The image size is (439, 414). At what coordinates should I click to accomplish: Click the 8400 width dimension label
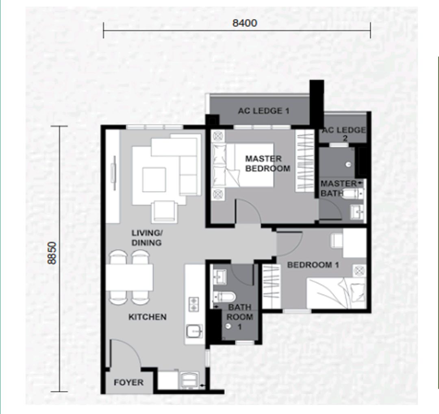click(244, 23)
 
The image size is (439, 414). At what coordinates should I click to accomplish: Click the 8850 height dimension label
click(52, 253)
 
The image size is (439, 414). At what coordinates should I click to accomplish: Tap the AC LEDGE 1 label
click(264, 111)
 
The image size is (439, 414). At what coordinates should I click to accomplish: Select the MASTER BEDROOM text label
click(267, 163)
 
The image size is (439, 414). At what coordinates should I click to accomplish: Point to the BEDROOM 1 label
click(313, 265)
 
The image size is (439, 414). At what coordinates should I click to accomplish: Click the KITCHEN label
click(147, 317)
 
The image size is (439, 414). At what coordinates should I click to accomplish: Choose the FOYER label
click(128, 382)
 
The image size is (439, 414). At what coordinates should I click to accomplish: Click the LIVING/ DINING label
click(147, 238)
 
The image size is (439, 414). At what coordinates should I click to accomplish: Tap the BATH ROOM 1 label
click(239, 316)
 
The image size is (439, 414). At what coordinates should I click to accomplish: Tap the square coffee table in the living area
click(154, 180)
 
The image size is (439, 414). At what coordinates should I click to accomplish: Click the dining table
click(130, 277)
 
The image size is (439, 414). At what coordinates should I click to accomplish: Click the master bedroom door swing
click(248, 211)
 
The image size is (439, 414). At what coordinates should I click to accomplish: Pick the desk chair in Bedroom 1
click(337, 241)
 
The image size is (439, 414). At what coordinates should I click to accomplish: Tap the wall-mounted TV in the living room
click(114, 174)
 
